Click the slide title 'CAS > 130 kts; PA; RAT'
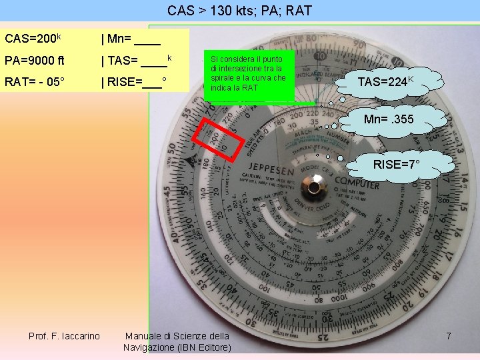pos(239,11)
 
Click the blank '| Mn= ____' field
pos(131,39)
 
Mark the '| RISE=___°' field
pos(133,83)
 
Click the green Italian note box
pos(249,74)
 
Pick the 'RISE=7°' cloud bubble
pos(396,163)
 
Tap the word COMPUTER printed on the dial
pos(357,181)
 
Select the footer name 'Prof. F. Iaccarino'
pos(64,335)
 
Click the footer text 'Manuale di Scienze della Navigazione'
pos(177,335)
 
